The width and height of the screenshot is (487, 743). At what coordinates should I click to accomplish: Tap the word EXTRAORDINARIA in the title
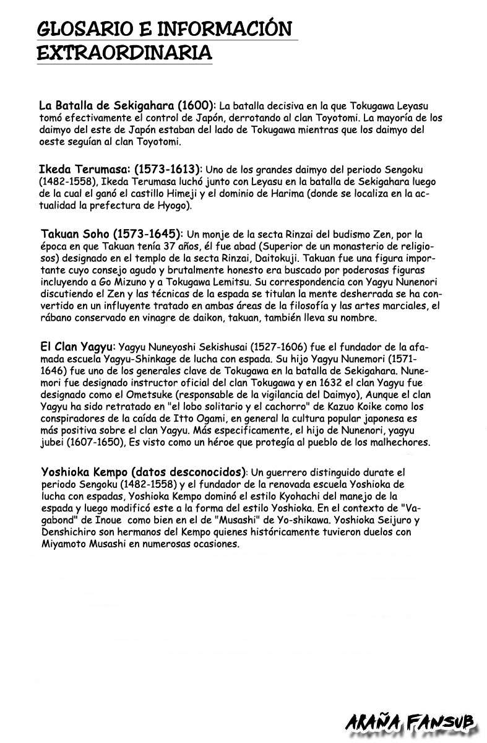(x=124, y=53)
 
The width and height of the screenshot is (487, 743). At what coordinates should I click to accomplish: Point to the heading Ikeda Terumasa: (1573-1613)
(x=120, y=168)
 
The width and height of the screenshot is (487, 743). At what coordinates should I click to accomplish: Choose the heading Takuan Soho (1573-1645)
(x=111, y=233)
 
